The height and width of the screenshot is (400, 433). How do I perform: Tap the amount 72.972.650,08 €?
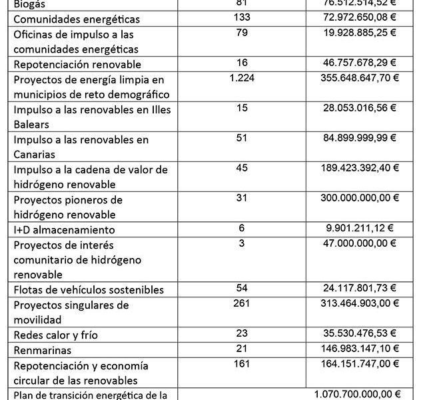pyautogui.click(x=358, y=17)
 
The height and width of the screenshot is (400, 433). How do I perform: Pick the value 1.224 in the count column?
pyautogui.click(x=242, y=78)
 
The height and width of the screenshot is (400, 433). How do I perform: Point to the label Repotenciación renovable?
pyautogui.click(x=77, y=65)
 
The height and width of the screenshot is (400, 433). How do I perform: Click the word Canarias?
pyautogui.click(x=37, y=155)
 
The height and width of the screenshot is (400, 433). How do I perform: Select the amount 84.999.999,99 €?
pyautogui.click(x=358, y=138)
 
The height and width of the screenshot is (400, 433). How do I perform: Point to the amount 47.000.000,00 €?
pyautogui.click(x=358, y=243)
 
